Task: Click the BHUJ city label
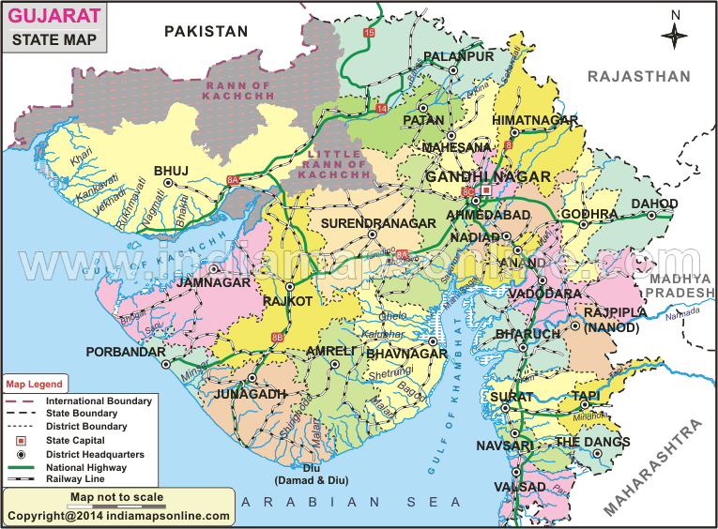[171, 170]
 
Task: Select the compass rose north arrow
[674, 35]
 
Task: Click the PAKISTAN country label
[206, 31]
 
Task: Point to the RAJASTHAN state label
[638, 76]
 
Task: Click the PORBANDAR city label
[123, 352]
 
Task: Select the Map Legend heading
[35, 385]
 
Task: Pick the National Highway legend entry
[81, 466]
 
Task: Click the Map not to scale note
[116, 497]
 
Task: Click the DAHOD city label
[654, 204]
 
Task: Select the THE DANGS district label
[589, 441]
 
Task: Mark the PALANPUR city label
[458, 57]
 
